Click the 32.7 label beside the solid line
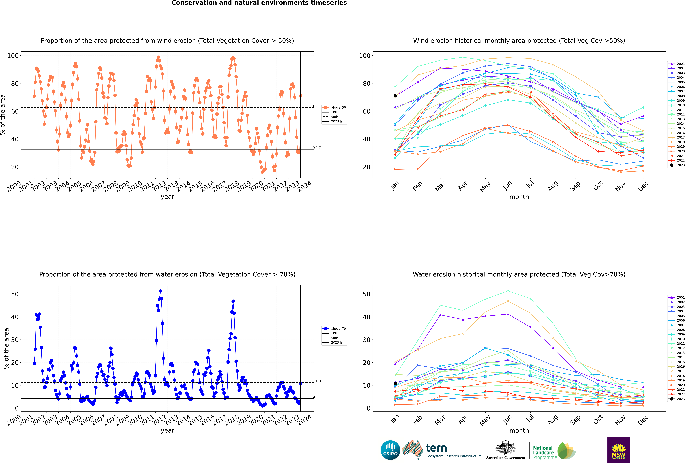pyautogui.click(x=317, y=148)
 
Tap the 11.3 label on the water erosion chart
pyautogui.click(x=317, y=381)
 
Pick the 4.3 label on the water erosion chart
pyautogui.click(x=316, y=397)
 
